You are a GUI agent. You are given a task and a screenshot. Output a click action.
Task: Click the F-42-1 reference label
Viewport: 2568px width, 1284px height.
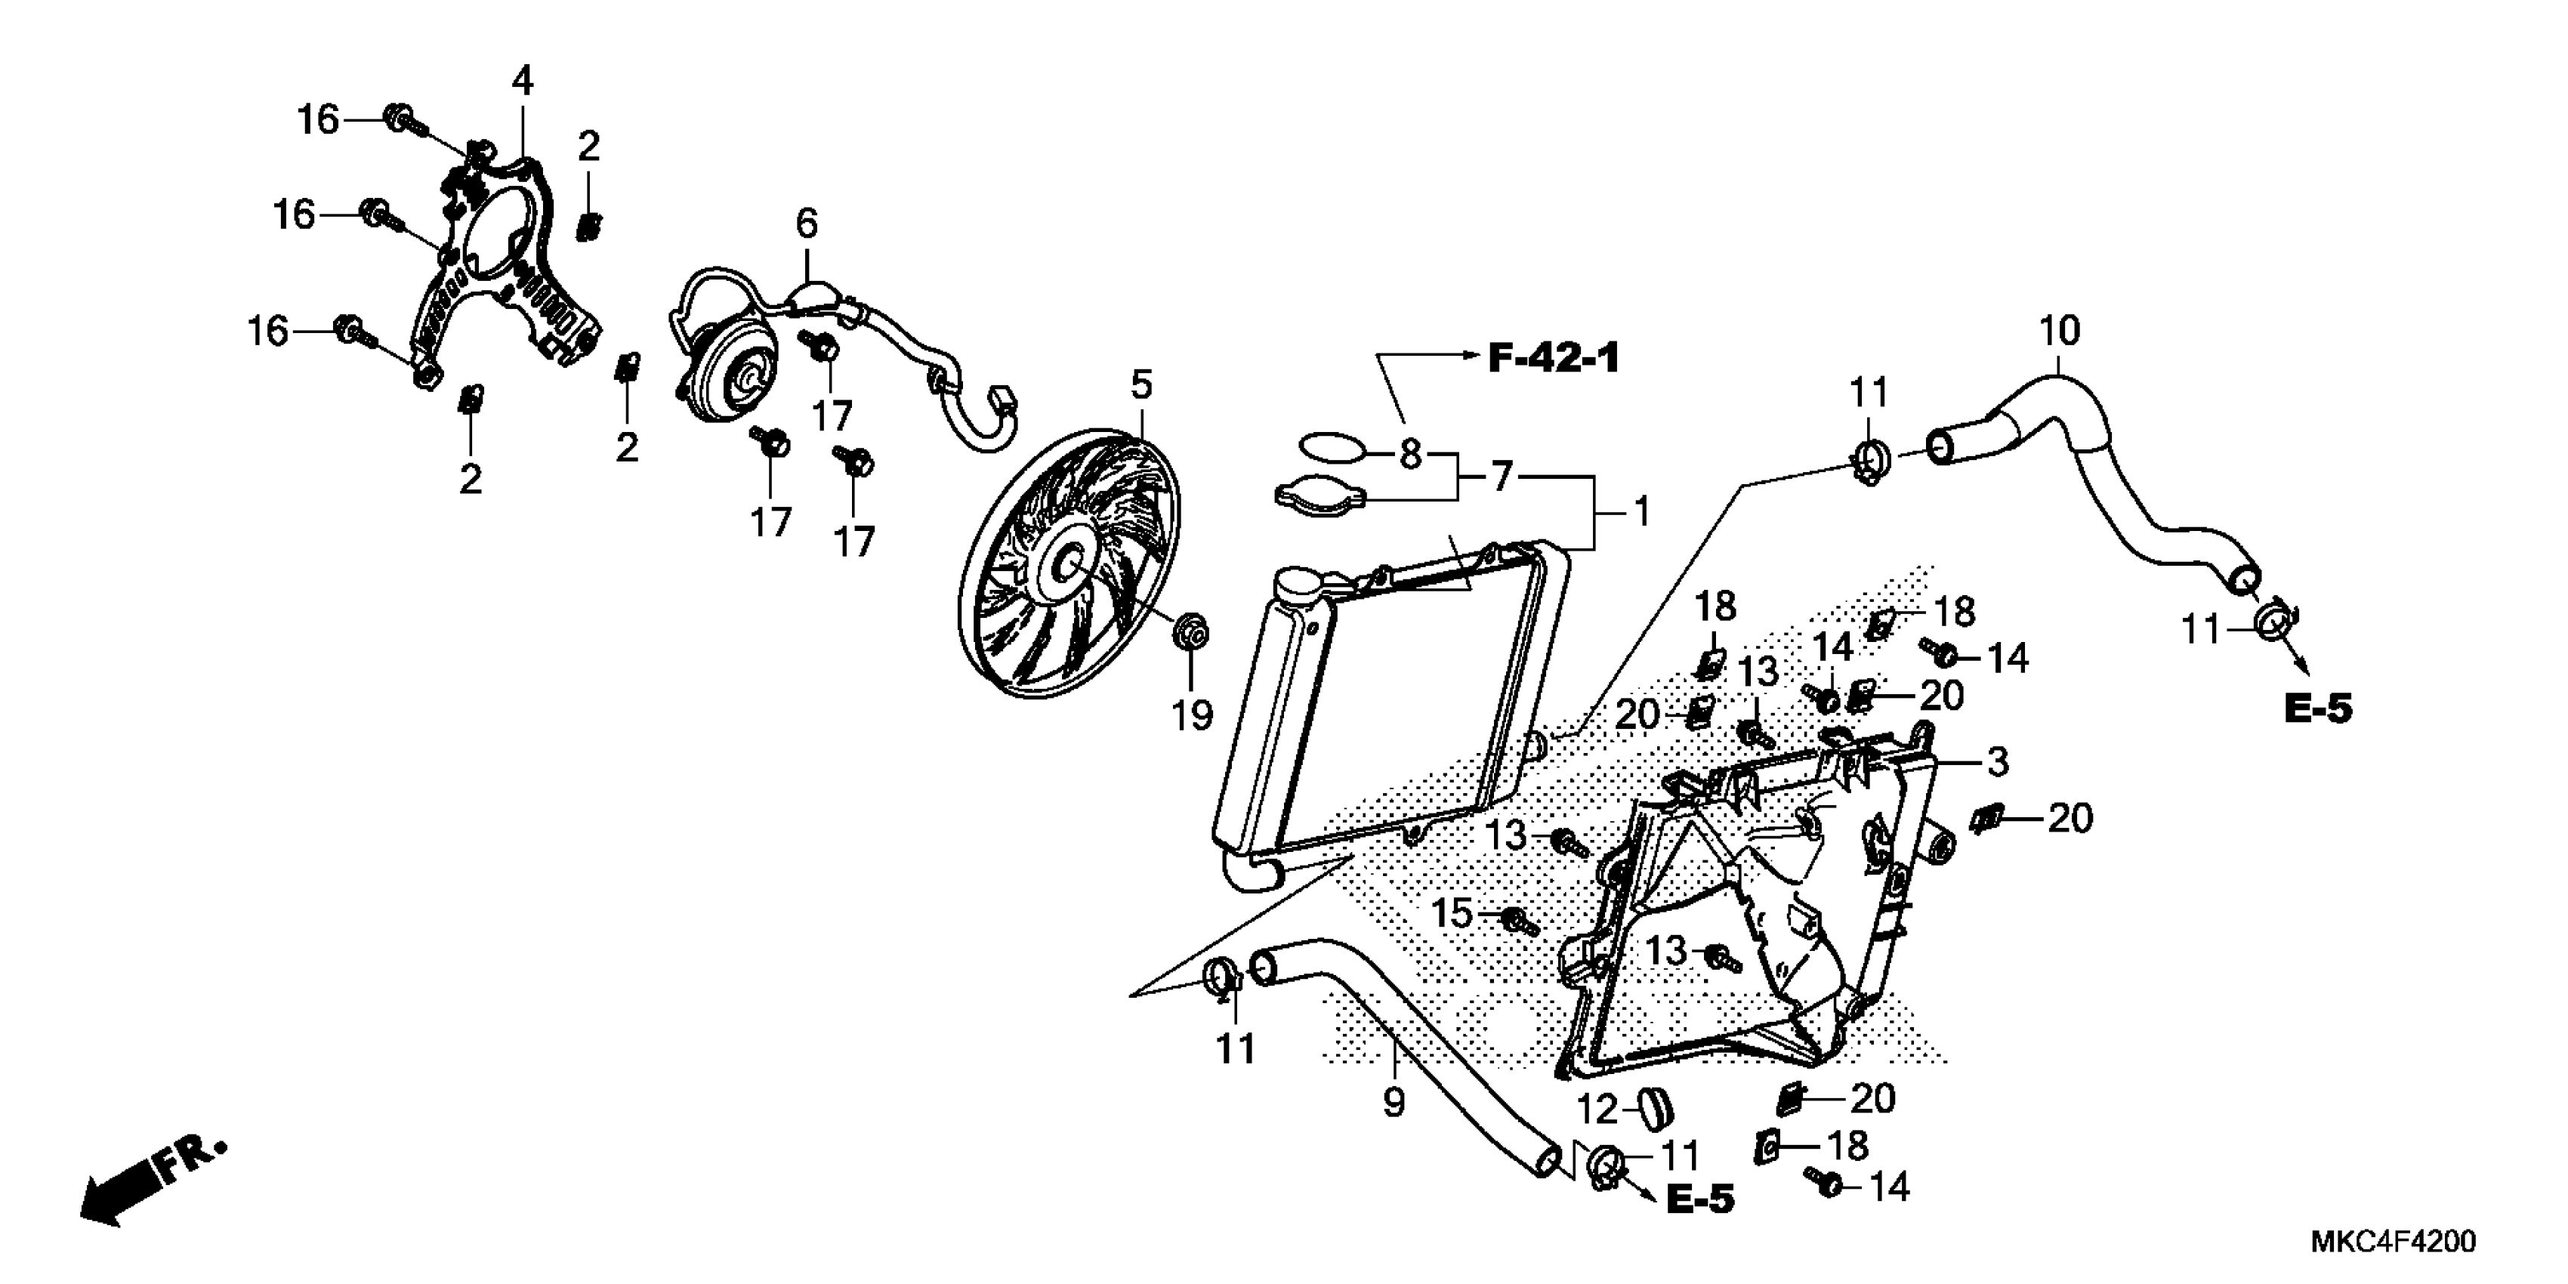[1553, 357]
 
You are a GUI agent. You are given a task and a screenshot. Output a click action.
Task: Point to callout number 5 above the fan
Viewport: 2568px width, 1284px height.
[1141, 384]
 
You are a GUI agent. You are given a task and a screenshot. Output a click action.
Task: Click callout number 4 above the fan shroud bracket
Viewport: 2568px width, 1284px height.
[523, 81]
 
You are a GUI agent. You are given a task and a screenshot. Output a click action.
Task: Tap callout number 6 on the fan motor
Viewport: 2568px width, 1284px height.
[807, 224]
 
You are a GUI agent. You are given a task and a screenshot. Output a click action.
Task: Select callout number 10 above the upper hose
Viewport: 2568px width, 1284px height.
[2060, 330]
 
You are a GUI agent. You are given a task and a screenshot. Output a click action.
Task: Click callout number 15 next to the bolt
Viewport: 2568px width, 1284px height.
[1452, 913]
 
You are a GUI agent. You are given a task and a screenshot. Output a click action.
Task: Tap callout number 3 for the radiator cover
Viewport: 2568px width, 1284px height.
[1997, 763]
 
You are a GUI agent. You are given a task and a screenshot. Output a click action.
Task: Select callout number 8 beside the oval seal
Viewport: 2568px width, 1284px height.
[1409, 455]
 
